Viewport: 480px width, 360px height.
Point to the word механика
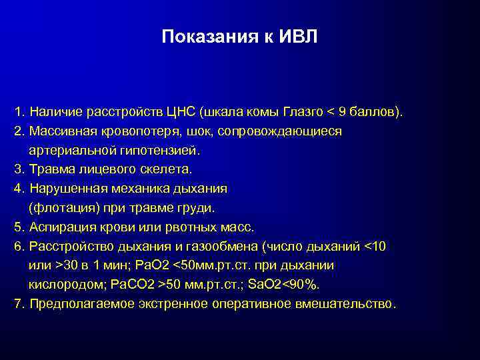137,189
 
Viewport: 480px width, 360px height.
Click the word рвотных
188,227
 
